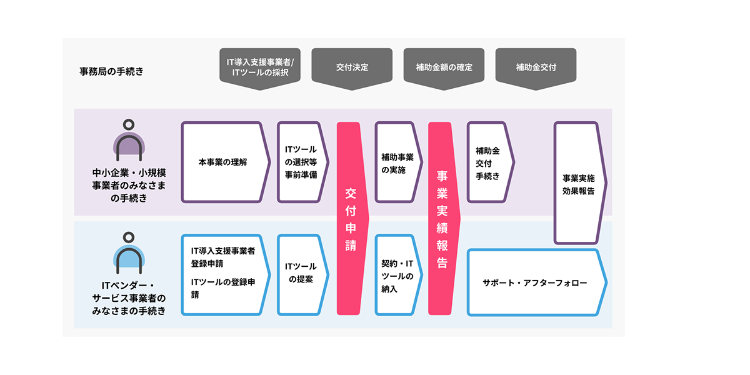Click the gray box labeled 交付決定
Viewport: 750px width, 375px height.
coord(352,67)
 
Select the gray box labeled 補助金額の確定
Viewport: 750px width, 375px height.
coord(444,67)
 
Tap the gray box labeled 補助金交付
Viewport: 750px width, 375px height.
coord(536,67)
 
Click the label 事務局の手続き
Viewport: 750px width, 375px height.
coord(111,71)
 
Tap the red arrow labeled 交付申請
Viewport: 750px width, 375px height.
coord(351,218)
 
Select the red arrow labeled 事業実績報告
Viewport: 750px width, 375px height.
coord(442,218)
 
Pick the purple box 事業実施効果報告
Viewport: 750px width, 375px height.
coord(578,183)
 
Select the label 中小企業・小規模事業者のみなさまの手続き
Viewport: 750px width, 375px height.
coord(129,185)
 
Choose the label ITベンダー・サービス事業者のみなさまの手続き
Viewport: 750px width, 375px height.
coord(129,297)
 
